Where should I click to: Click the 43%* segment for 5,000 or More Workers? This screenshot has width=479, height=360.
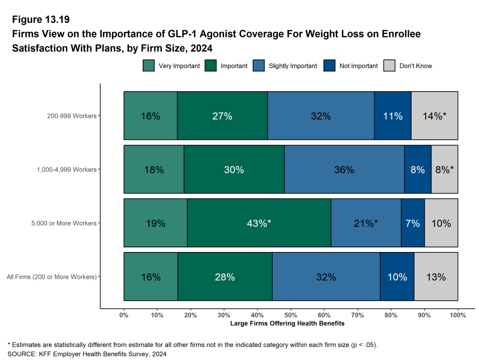(x=259, y=223)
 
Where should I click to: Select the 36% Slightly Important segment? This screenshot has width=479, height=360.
(x=344, y=169)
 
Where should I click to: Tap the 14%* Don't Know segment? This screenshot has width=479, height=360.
(x=434, y=116)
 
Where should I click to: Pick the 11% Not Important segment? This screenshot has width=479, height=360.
(x=392, y=116)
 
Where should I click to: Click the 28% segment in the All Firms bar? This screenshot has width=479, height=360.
(x=225, y=277)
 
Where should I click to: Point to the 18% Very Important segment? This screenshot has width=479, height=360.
(x=154, y=169)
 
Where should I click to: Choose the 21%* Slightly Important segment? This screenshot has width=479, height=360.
(x=366, y=223)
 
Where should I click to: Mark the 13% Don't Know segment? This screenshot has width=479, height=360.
(x=436, y=277)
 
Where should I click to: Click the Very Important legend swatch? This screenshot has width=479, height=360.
(x=148, y=66)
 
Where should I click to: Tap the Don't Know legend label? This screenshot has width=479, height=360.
(x=415, y=66)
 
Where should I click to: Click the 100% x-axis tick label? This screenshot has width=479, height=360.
(x=457, y=315)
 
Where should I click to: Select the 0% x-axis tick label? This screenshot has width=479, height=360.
(x=124, y=315)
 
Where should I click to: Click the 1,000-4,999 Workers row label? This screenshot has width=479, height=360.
(x=66, y=169)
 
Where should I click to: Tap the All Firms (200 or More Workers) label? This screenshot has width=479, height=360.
(x=51, y=277)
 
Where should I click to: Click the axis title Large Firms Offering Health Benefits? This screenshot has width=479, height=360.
(x=287, y=324)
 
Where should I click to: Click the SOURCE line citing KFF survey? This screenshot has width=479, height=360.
(x=87, y=354)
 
